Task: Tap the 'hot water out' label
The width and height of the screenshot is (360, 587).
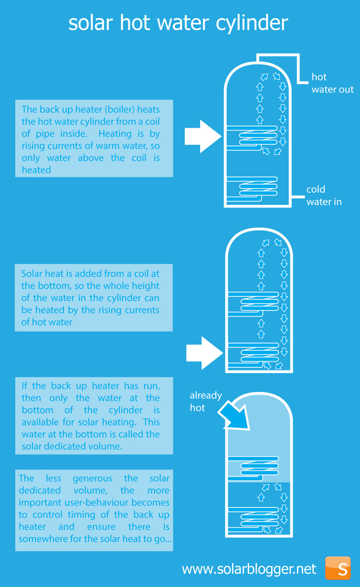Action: click(332, 83)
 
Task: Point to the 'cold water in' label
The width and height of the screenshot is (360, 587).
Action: click(323, 195)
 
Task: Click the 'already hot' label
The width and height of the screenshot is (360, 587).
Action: click(206, 401)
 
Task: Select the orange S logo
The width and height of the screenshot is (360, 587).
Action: click(338, 568)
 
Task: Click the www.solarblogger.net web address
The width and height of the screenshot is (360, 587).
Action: click(249, 569)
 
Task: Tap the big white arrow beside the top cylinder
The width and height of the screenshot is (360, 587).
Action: click(203, 136)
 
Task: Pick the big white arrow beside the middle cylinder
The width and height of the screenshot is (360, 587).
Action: click(205, 353)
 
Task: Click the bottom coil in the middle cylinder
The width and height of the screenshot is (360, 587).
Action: click(254, 355)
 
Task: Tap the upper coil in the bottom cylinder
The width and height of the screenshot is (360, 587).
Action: click(254, 468)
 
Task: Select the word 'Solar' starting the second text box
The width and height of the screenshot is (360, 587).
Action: click(31, 273)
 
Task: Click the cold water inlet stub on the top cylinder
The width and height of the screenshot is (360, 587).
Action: click(298, 197)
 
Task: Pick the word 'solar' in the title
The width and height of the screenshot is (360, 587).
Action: click(91, 23)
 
